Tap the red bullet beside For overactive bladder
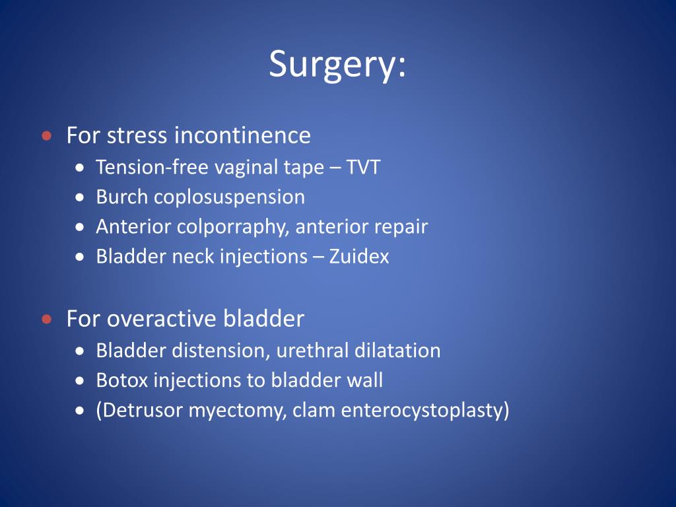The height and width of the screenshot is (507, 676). pyautogui.click(x=46, y=320)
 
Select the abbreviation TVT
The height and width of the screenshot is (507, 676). pyautogui.click(x=364, y=167)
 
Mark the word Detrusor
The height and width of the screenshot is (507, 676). pyautogui.click(x=139, y=411)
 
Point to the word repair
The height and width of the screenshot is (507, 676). pyautogui.click(x=401, y=227)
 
